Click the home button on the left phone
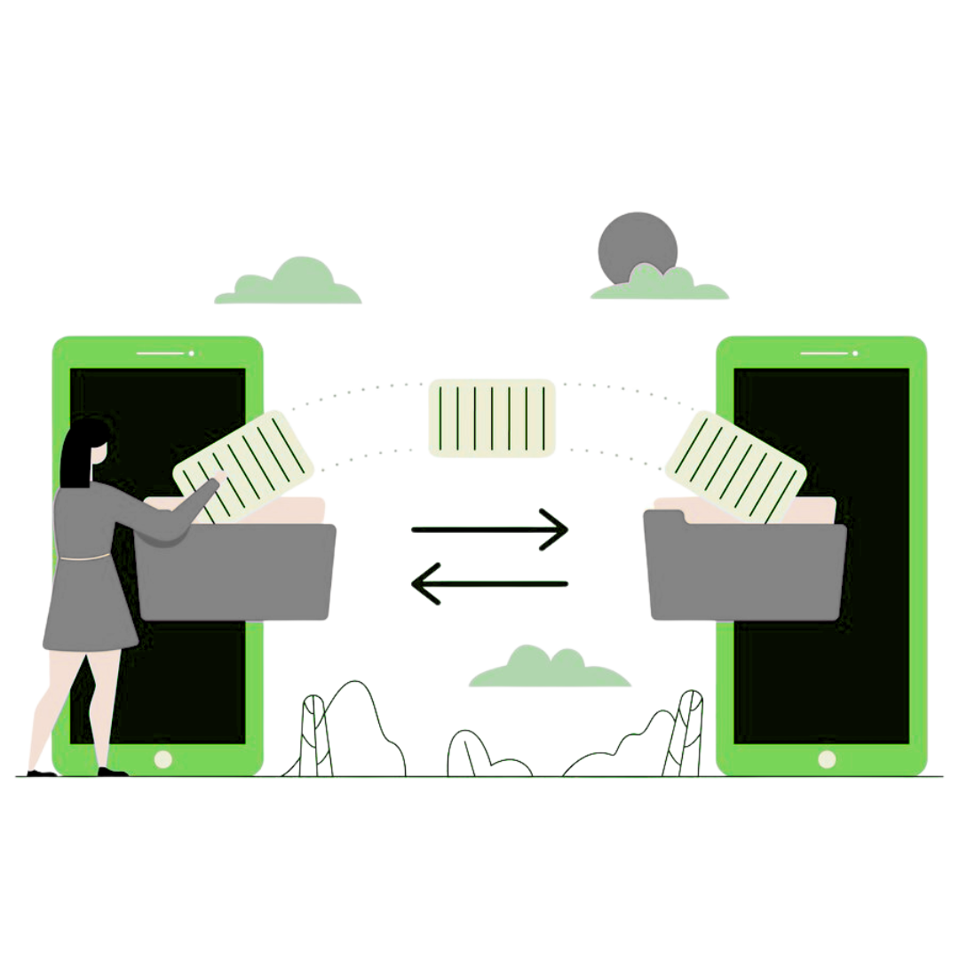pyautogui.click(x=163, y=759)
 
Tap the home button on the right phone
pyautogui.click(x=827, y=759)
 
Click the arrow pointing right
pyautogui.click(x=489, y=529)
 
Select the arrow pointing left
pyautogui.click(x=488, y=583)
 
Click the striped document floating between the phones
pyautogui.click(x=492, y=417)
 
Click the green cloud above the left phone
pyautogui.click(x=289, y=284)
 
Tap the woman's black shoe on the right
pyautogui.click(x=111, y=771)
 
